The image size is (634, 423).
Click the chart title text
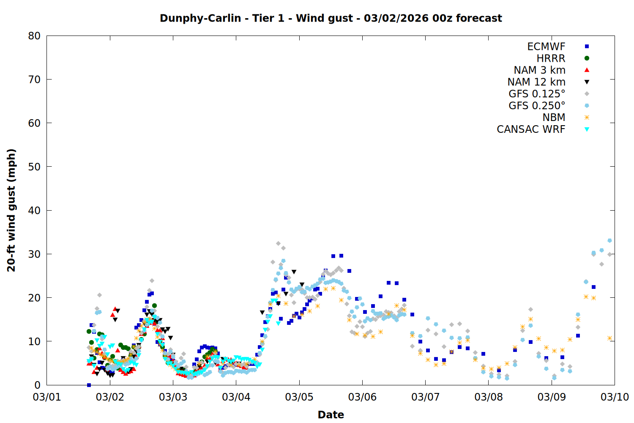pyautogui.click(x=331, y=18)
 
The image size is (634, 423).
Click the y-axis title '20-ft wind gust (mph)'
pyautogui.click(x=11, y=210)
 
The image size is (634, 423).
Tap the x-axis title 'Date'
pyautogui.click(x=331, y=415)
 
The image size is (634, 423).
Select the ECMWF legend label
pyautogui.click(x=546, y=47)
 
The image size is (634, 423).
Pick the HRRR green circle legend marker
pyautogui.click(x=587, y=58)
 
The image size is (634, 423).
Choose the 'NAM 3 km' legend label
pyautogui.click(x=539, y=70)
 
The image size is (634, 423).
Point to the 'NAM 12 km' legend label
pyautogui.click(x=536, y=82)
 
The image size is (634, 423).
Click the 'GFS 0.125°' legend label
pyautogui.click(x=537, y=94)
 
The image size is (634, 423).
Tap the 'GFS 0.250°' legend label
pyautogui.click(x=537, y=106)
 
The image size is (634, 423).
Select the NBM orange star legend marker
pyautogui.click(x=587, y=118)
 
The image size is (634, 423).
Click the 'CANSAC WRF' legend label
pyautogui.click(x=531, y=129)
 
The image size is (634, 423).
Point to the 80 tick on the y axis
pyautogui.click(x=35, y=36)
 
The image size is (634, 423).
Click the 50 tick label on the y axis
pyautogui.click(x=35, y=167)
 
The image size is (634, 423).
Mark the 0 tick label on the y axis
pyautogui.click(x=38, y=385)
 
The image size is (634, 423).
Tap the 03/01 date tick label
pyautogui.click(x=47, y=397)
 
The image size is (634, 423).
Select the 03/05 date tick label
pyautogui.click(x=299, y=397)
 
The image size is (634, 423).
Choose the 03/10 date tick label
pyautogui.click(x=615, y=397)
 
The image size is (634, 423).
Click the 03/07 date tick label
pyautogui.click(x=425, y=397)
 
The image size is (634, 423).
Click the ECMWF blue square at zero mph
pyautogui.click(x=89, y=385)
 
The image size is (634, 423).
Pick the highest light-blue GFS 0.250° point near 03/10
pyautogui.click(x=609, y=241)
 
